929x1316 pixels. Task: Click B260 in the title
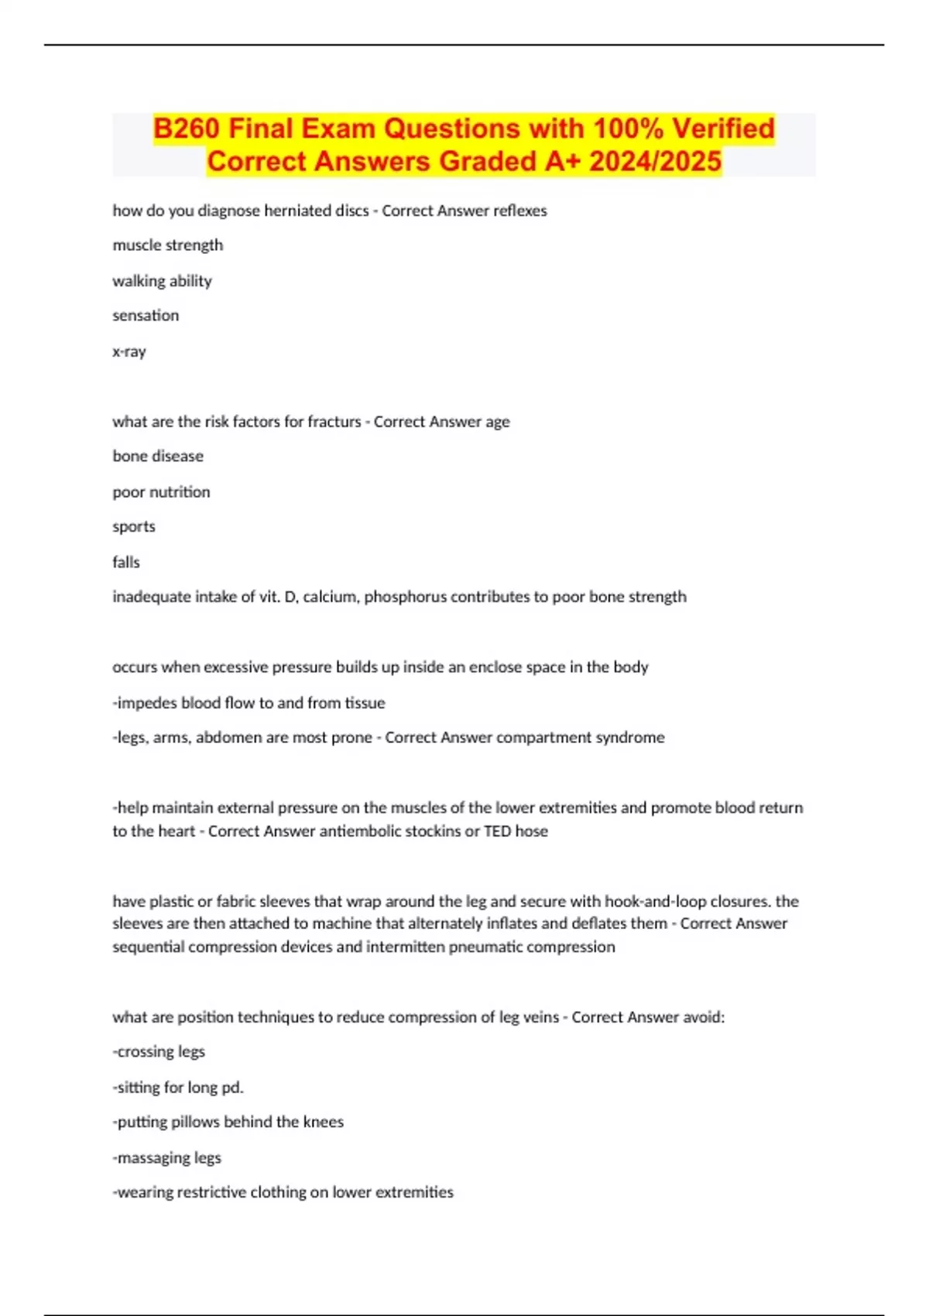(x=187, y=129)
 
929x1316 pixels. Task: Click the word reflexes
(x=519, y=211)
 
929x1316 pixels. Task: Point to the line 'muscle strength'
(x=167, y=245)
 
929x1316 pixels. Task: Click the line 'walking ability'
(x=162, y=281)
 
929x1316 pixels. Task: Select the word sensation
(x=146, y=316)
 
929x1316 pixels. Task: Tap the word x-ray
(x=129, y=351)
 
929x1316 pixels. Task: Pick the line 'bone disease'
(x=158, y=457)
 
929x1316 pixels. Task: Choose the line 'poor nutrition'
(x=161, y=492)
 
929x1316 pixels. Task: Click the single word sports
(x=134, y=527)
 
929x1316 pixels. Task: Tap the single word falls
(x=126, y=562)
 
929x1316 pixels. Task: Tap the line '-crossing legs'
(x=159, y=1052)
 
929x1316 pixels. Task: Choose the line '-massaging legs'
(x=166, y=1158)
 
